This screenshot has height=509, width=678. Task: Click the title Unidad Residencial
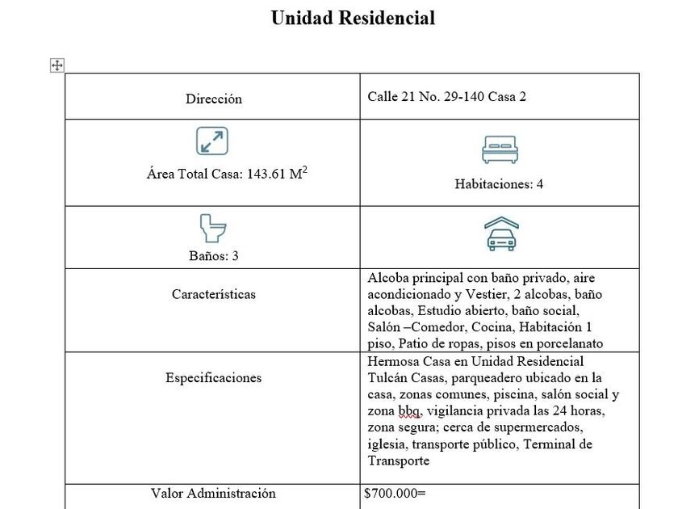[x=353, y=19]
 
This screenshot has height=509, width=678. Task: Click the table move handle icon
[x=57, y=65]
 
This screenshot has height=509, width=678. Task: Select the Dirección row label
[x=213, y=99]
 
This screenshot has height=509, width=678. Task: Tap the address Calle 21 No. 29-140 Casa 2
[x=446, y=96]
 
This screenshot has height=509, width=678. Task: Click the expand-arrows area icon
[x=212, y=141]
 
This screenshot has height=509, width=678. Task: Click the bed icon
[x=499, y=149]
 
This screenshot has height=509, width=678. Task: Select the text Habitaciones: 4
[x=499, y=184]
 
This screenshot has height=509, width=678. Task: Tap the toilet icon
[x=212, y=229]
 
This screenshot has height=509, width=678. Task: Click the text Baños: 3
[x=212, y=256]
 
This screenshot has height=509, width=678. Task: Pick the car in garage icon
[x=500, y=235]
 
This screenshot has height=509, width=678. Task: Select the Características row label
[x=213, y=294]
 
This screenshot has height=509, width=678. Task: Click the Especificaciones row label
[x=213, y=377]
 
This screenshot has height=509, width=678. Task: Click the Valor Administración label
[x=213, y=493]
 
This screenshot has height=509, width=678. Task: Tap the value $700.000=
[x=395, y=493]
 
